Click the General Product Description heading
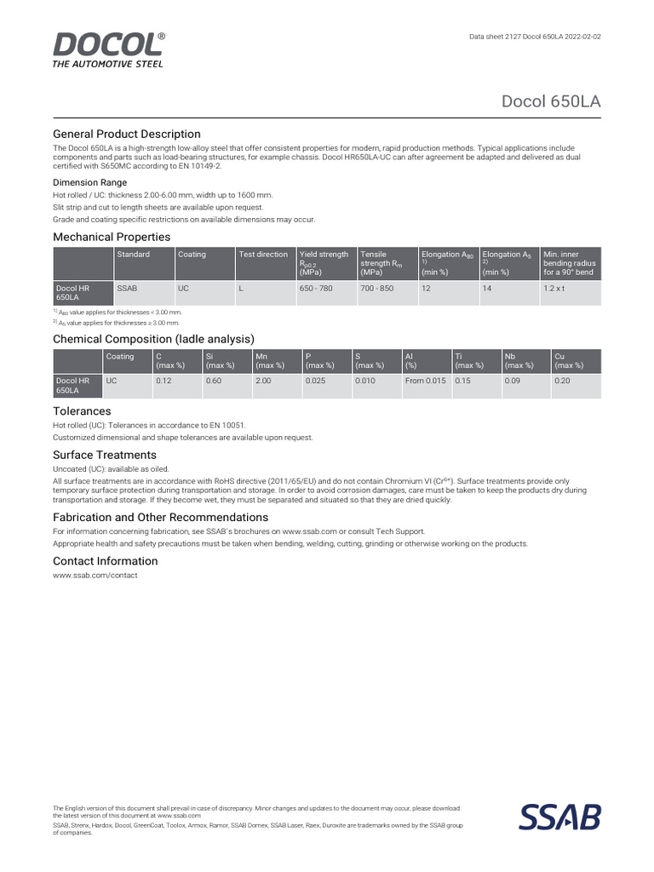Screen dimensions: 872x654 pyautogui.click(x=127, y=134)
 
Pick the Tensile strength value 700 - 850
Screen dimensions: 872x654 pyautogui.click(x=377, y=290)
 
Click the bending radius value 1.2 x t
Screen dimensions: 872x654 pyautogui.click(x=554, y=290)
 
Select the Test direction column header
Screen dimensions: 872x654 pyautogui.click(x=263, y=255)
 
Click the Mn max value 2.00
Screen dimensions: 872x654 pyautogui.click(x=263, y=381)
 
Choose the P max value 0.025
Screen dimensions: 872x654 pyautogui.click(x=315, y=381)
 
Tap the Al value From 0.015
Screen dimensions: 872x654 pyautogui.click(x=425, y=381)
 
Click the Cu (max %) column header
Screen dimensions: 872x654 pyautogui.click(x=568, y=361)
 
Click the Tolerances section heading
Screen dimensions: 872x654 pyautogui.click(x=82, y=411)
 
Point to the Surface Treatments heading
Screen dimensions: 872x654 pyautogui.click(x=105, y=455)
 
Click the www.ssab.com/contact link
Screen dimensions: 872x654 pyautogui.click(x=95, y=576)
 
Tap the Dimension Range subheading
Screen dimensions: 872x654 pyautogui.click(x=90, y=182)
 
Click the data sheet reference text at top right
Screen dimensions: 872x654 pyautogui.click(x=535, y=38)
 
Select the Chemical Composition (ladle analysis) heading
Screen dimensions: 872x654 pyautogui.click(x=154, y=339)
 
